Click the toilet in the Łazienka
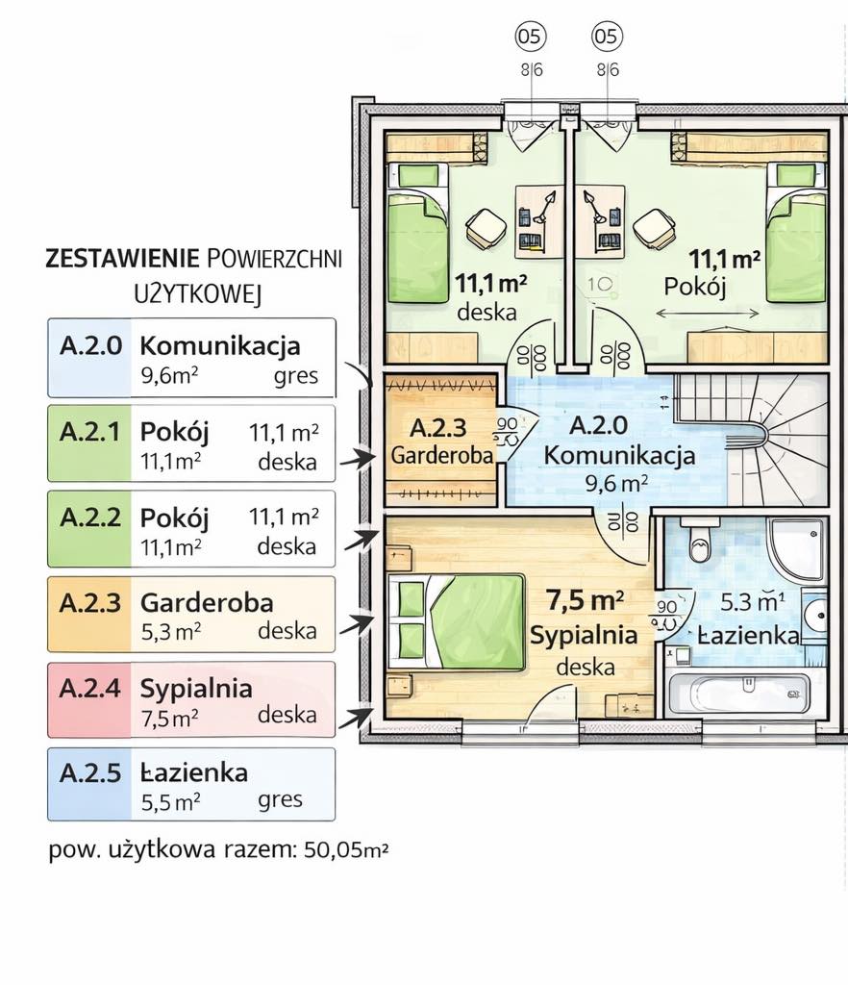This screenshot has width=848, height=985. (x=699, y=542)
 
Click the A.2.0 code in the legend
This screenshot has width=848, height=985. (x=91, y=345)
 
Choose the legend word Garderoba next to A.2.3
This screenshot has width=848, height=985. (x=207, y=602)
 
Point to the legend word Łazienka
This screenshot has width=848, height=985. (x=194, y=772)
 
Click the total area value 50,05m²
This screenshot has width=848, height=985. (x=346, y=850)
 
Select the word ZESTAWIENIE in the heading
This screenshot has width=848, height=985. (x=122, y=259)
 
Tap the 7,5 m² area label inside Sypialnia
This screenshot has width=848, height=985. (x=585, y=600)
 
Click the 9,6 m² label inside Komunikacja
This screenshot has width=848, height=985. (x=616, y=483)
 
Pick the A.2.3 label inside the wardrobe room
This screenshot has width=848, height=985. (x=438, y=428)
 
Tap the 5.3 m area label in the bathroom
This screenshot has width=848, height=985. (x=753, y=602)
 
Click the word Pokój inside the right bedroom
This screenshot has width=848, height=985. (x=695, y=287)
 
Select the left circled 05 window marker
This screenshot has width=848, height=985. (x=531, y=37)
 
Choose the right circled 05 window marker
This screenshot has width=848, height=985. (x=607, y=37)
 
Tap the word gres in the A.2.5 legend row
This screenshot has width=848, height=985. (x=280, y=800)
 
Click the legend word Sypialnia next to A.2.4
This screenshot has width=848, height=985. (x=196, y=689)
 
